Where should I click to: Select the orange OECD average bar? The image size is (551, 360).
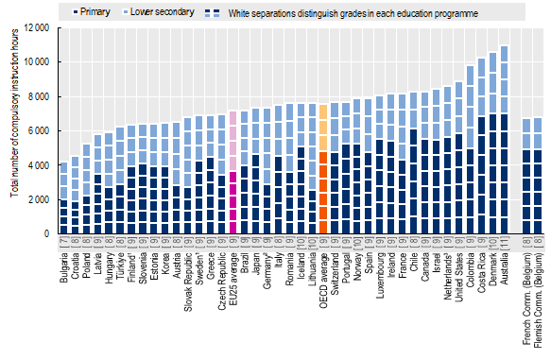tap(322, 169)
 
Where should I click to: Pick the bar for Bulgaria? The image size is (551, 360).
tap(62, 197)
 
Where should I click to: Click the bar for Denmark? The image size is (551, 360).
tap(491, 143)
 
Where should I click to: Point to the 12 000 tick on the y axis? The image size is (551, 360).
tap(36, 27)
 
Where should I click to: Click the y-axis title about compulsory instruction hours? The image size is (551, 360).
tap(11, 129)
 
